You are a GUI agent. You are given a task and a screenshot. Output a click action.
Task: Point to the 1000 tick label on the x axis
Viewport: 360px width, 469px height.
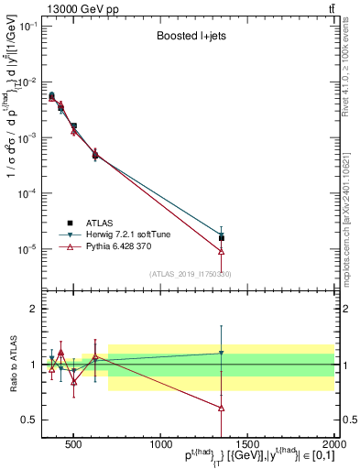coord(158,445)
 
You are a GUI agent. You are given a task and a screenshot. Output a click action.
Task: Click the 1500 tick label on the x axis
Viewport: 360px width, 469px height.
coord(246,445)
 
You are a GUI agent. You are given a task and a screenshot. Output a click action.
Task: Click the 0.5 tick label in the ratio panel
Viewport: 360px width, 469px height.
coord(29,420)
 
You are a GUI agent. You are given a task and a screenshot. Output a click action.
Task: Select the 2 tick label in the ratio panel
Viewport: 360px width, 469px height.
coord(34,309)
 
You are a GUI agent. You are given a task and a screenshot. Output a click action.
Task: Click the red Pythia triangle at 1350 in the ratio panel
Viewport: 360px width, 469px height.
coord(222,408)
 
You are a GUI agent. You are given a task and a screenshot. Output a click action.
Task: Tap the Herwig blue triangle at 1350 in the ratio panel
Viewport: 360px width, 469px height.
coord(222,353)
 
